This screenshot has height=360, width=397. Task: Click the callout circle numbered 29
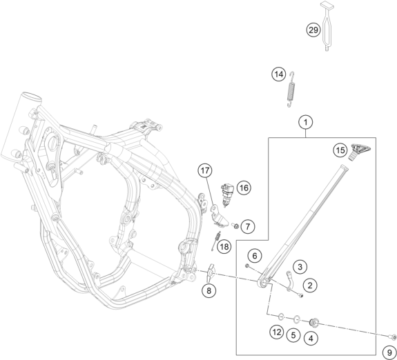(313, 30)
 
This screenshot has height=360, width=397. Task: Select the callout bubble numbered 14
(279, 74)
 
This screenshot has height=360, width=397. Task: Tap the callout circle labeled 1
(306, 123)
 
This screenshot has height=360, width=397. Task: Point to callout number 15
(340, 150)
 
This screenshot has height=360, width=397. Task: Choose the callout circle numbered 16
(244, 188)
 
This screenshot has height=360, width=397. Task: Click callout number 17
(205, 170)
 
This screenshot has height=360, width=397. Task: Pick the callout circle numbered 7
(248, 226)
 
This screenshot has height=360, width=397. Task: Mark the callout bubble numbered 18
(224, 246)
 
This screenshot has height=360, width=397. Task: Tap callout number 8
(209, 290)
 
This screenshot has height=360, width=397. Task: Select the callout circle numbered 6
(255, 256)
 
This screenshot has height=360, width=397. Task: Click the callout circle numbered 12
(277, 332)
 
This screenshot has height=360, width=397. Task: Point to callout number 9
(390, 352)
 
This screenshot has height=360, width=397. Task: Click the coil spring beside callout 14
(291, 89)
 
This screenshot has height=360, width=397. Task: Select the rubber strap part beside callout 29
(327, 26)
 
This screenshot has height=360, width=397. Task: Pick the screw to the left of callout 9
(391, 337)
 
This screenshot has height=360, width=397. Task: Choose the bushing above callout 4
(314, 323)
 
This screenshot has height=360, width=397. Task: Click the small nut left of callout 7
(235, 226)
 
